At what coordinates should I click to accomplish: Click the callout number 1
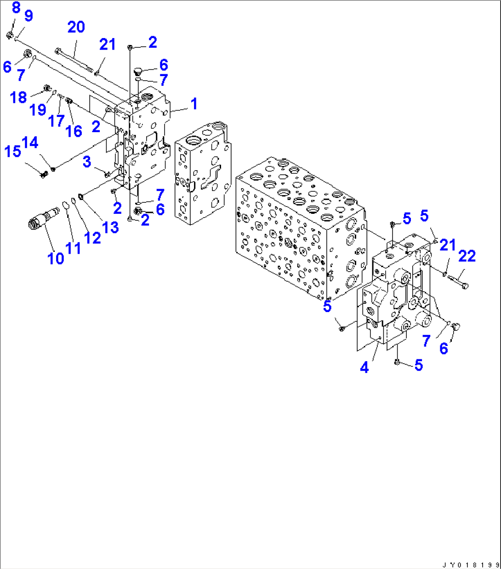(x=194, y=104)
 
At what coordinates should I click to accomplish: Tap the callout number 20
(x=76, y=28)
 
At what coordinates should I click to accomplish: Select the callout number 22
(x=467, y=256)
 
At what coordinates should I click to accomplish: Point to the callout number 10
(x=56, y=258)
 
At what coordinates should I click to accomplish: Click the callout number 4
(x=364, y=367)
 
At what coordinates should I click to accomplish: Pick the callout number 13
(x=111, y=227)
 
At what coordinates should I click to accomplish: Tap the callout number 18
(x=18, y=97)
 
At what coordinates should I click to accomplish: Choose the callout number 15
(x=12, y=151)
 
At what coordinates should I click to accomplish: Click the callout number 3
(x=87, y=162)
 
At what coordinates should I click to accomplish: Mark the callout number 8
(x=16, y=7)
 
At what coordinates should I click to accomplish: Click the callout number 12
(x=92, y=237)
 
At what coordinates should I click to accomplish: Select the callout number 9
(x=28, y=16)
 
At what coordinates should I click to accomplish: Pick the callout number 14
(x=30, y=143)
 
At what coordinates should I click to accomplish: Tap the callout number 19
(x=38, y=110)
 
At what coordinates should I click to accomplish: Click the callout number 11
(x=73, y=248)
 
